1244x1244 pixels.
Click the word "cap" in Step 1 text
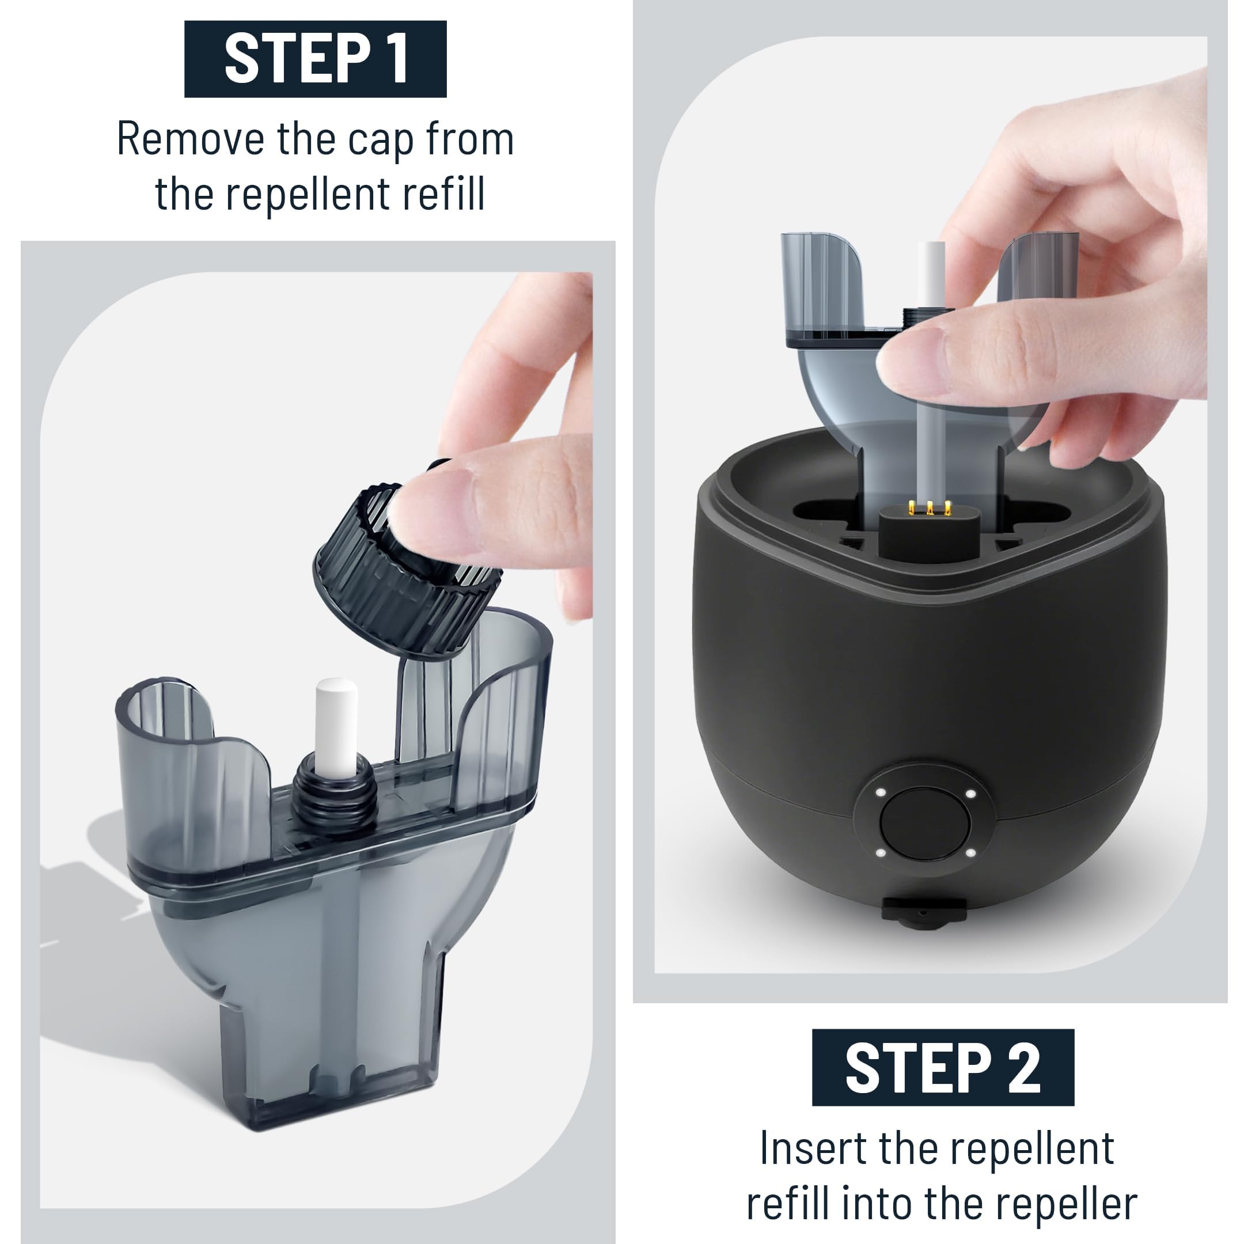(380, 140)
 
